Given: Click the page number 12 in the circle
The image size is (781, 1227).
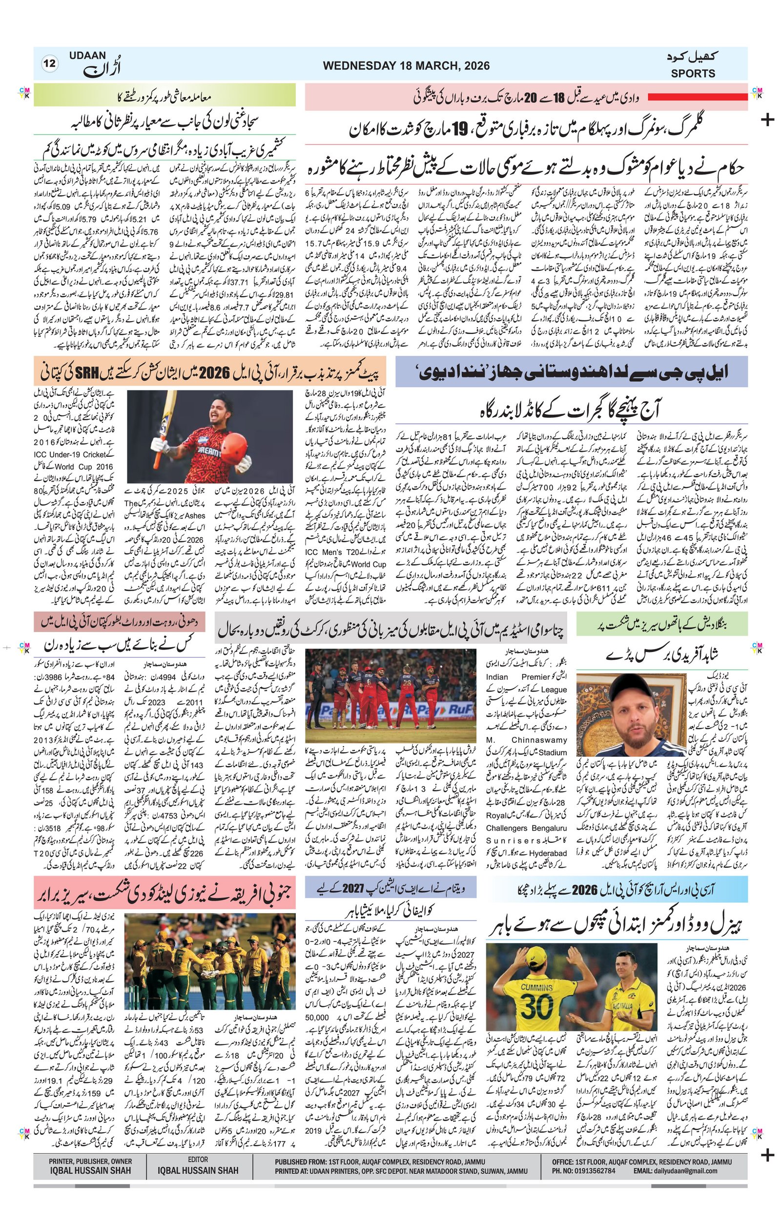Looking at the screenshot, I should coord(50,64).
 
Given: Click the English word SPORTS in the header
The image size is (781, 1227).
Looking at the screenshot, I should coord(693,73).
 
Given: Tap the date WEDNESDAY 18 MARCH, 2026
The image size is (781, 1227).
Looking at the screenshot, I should coord(406,65).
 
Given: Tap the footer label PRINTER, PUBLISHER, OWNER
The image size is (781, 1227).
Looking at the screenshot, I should coord(90,1160).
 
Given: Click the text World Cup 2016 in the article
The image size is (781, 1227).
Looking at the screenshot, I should coord(60,466).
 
